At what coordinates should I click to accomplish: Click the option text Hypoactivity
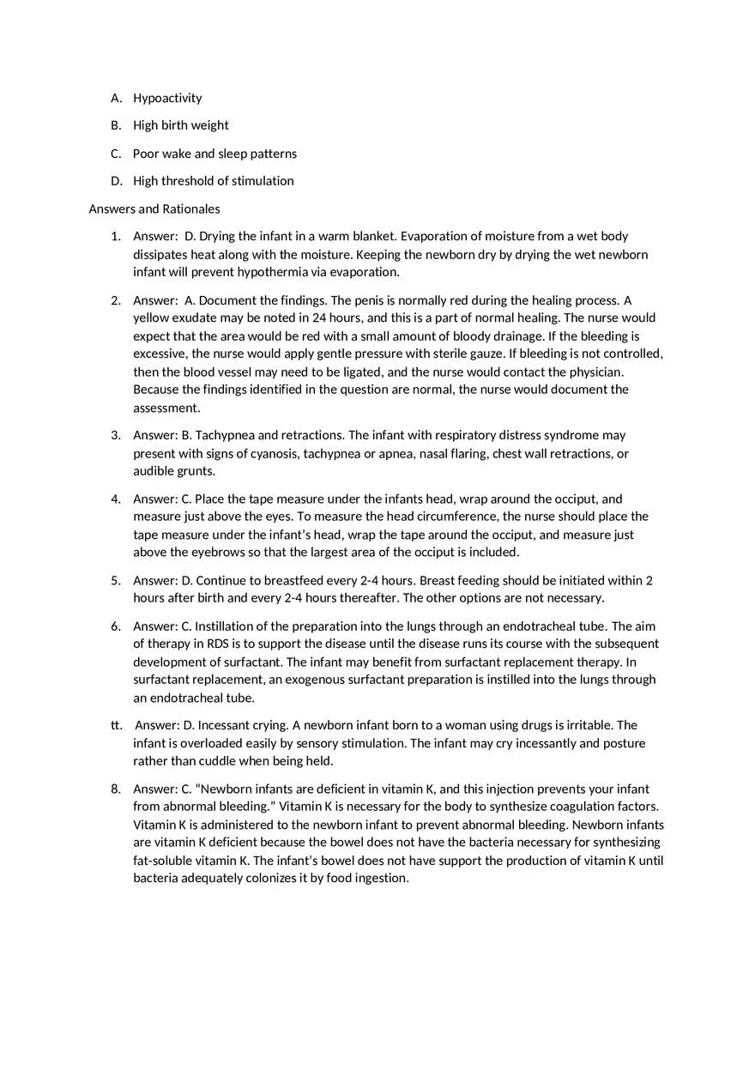(167, 98)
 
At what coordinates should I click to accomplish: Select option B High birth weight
(180, 125)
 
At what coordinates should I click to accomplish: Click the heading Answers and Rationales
(154, 209)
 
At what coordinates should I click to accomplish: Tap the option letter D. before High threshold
(117, 181)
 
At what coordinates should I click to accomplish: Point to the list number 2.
(115, 300)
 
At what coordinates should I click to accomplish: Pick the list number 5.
(115, 580)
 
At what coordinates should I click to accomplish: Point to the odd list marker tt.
(116, 725)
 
